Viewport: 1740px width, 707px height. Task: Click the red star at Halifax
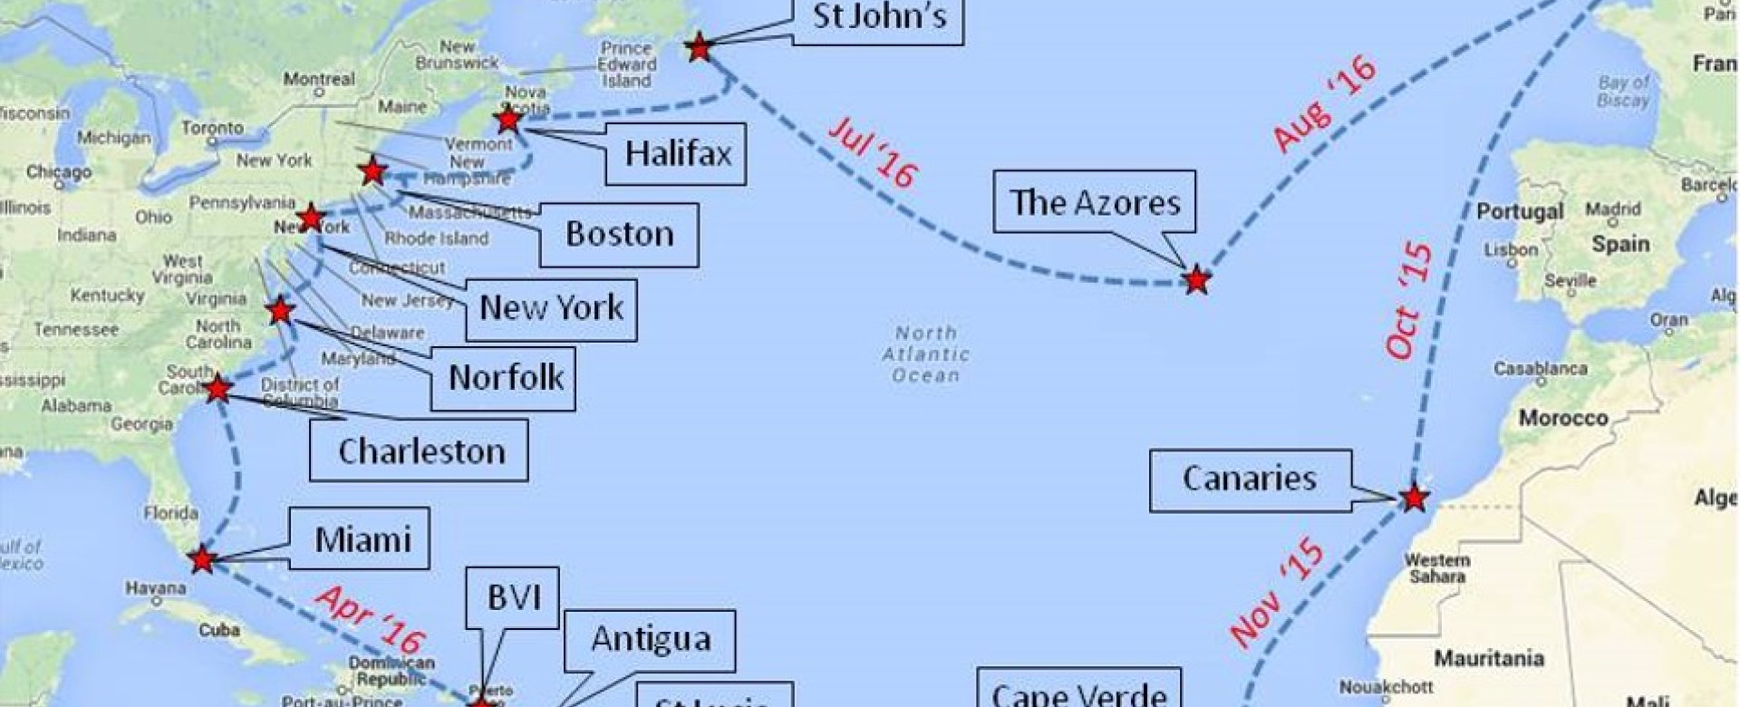coord(508,119)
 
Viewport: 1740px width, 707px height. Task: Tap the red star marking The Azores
coord(1196,280)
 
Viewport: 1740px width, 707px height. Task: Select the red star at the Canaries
coord(1413,498)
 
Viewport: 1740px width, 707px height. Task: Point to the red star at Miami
coord(202,559)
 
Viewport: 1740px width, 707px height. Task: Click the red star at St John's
coord(699,46)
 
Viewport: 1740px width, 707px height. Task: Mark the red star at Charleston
coord(217,390)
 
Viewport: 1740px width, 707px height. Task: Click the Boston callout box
coord(619,235)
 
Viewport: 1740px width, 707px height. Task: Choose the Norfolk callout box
coord(506,378)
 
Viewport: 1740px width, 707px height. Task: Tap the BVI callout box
coord(513,598)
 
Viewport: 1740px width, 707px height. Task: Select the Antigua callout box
coord(650,640)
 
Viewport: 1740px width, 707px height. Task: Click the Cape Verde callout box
coord(1078,691)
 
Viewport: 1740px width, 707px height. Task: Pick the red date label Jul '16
coord(872,151)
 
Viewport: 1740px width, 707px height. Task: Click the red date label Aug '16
coord(1325,102)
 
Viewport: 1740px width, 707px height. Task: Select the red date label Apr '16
coord(371,618)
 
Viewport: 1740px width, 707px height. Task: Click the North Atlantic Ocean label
coord(925,354)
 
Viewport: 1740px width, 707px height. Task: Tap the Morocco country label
coord(1563,418)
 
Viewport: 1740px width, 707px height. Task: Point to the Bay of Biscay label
coord(1624,92)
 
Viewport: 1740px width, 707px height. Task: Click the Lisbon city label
coord(1511,249)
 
